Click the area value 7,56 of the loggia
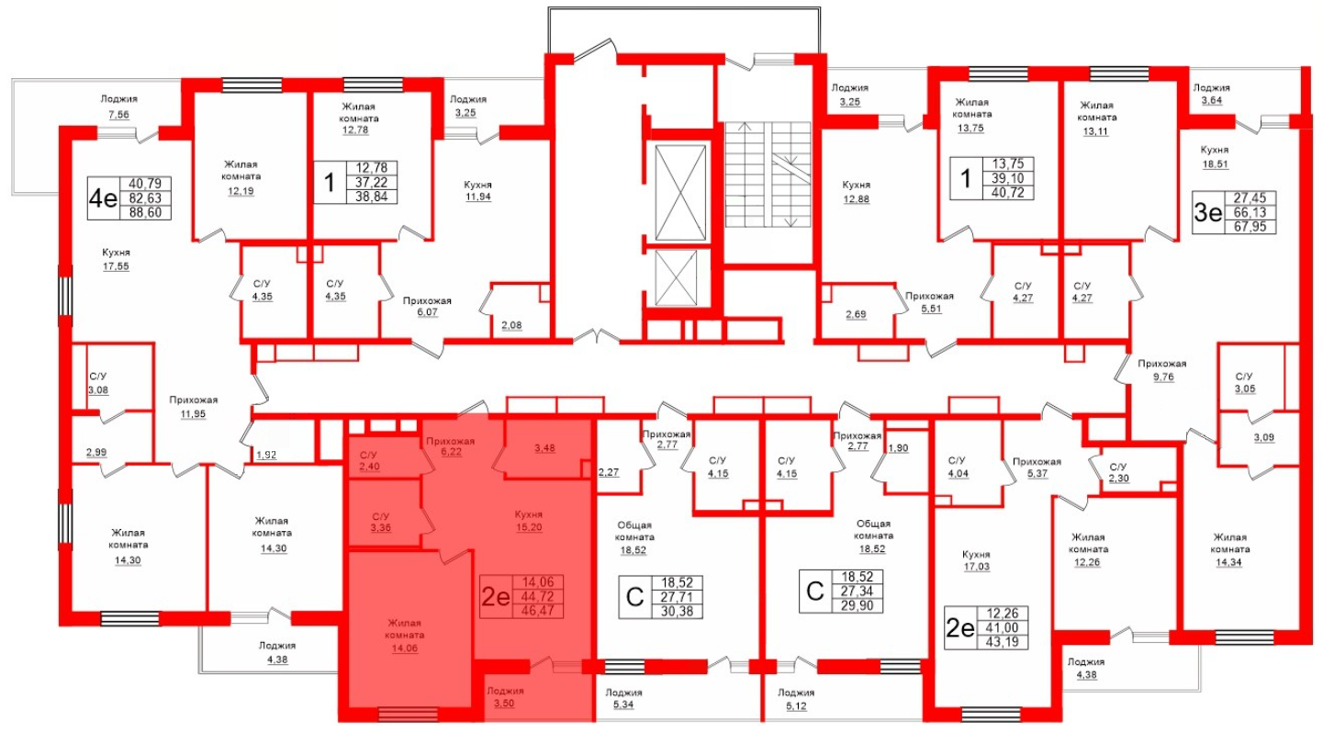[x=118, y=114]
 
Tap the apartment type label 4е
[x=103, y=198]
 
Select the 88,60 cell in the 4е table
[x=145, y=212]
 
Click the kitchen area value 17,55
[x=116, y=266]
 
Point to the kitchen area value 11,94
[x=477, y=197]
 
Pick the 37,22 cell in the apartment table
[x=372, y=182]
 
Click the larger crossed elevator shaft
[x=680, y=193]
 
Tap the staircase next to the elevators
[x=768, y=175]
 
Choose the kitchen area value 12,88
[x=856, y=199]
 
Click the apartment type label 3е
[x=1208, y=212]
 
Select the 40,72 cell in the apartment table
[x=1007, y=192]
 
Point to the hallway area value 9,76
[x=1163, y=377]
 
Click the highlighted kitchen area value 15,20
[x=529, y=527]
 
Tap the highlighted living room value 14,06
[x=405, y=648]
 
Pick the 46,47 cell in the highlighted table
[x=537, y=611]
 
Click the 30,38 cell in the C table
[x=677, y=611]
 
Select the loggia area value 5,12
[x=796, y=705]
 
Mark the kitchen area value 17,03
[x=976, y=567]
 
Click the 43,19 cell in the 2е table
[x=1003, y=642]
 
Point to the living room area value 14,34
[x=1228, y=562]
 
